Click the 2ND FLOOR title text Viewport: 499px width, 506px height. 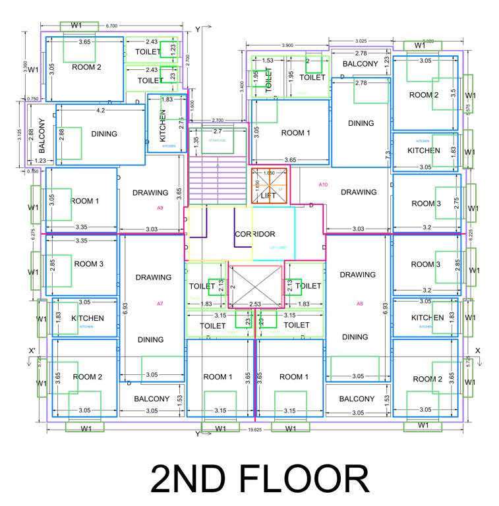click(259, 479)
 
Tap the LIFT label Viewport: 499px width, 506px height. click(268, 196)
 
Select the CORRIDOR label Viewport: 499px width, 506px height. click(254, 234)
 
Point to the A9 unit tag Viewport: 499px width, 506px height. click(160, 208)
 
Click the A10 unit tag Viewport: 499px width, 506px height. click(323, 184)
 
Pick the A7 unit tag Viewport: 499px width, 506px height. click(160, 304)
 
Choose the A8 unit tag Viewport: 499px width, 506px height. click(359, 304)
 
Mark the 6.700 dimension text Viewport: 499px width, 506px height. click(111, 26)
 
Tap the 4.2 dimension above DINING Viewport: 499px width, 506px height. click(100, 111)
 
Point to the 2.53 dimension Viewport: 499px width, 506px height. click(256, 304)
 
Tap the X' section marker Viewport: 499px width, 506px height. click(31, 350)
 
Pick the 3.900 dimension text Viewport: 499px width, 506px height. click(287, 45)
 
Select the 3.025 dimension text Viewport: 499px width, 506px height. click(361, 41)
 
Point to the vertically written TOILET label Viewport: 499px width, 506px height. click(268, 79)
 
